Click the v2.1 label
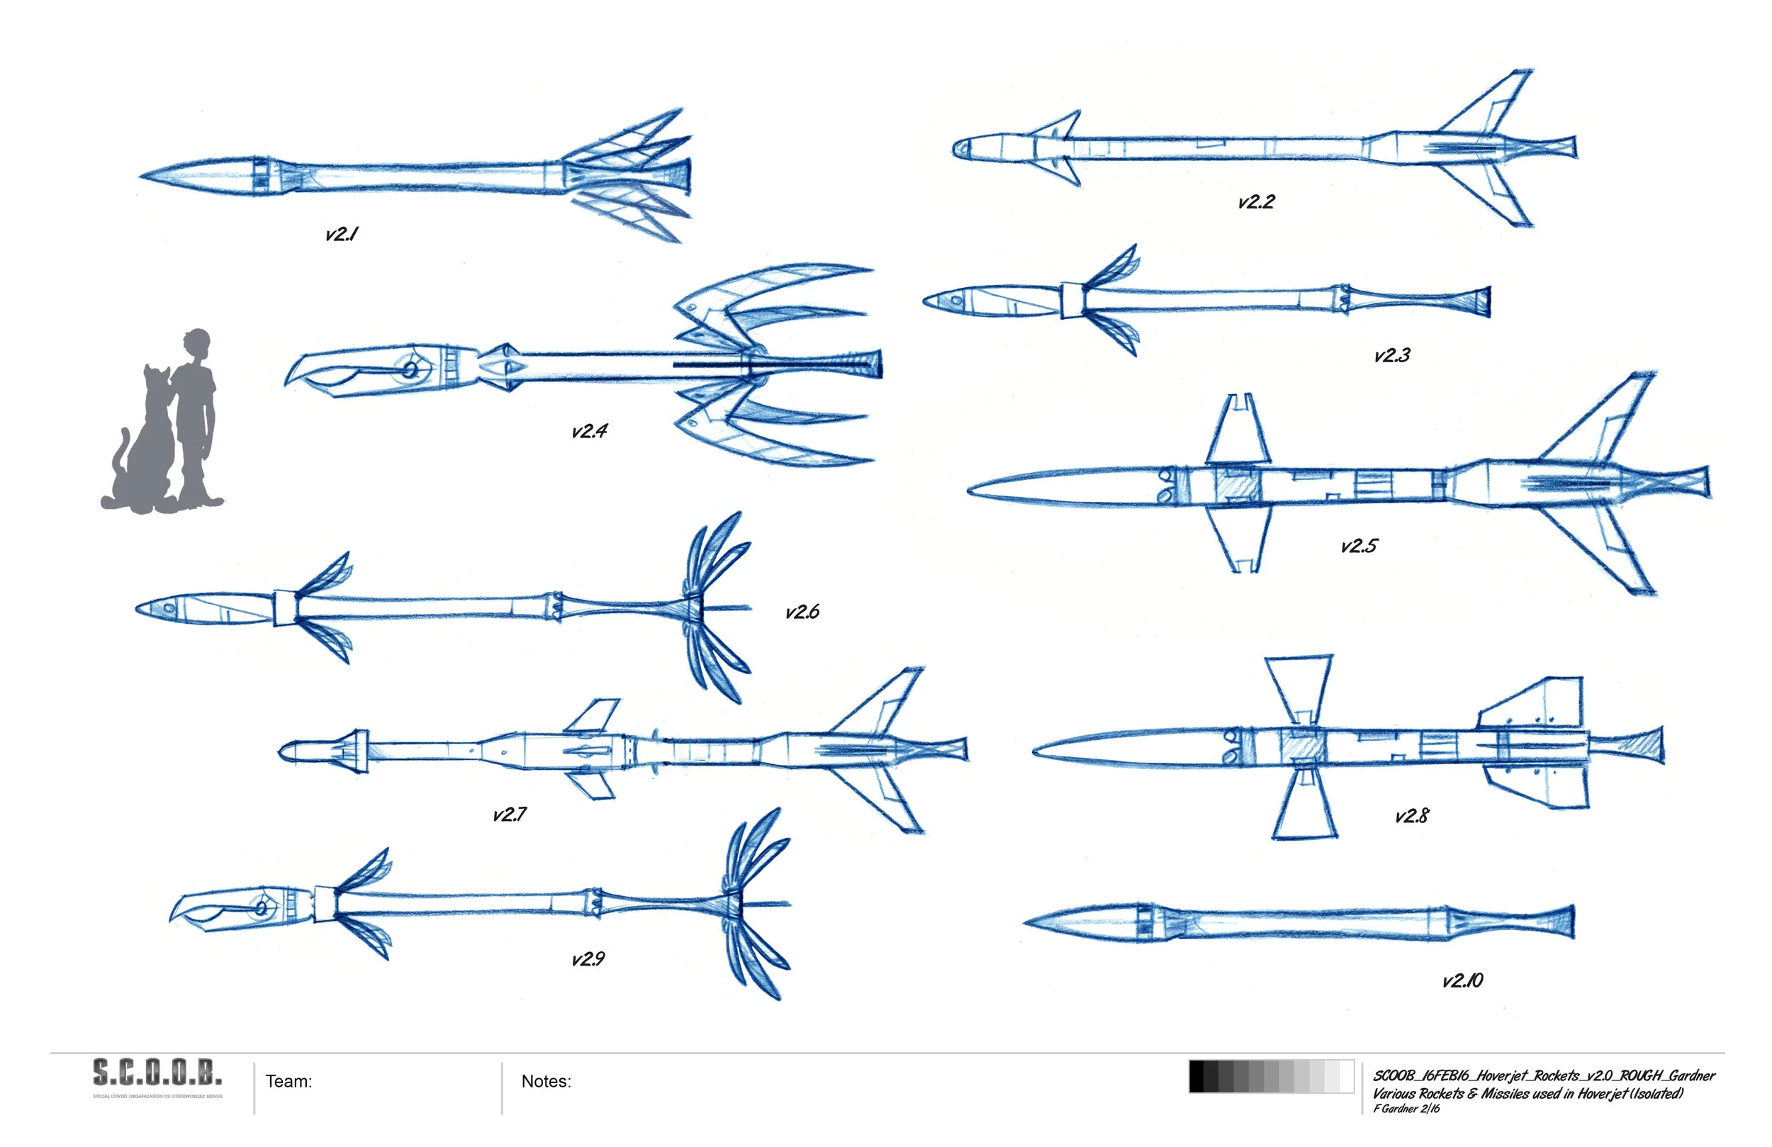[342, 234]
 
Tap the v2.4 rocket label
[589, 431]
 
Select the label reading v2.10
[1462, 980]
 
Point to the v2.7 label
[510, 814]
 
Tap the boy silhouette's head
[197, 345]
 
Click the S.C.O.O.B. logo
[157, 1073]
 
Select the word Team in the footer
[288, 1082]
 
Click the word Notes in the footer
[546, 1082]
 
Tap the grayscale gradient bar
[1271, 1076]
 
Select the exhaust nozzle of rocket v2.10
[1556, 923]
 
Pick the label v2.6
[802, 612]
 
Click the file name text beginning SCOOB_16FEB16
[1544, 1075]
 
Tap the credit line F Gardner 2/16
[1406, 1109]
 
